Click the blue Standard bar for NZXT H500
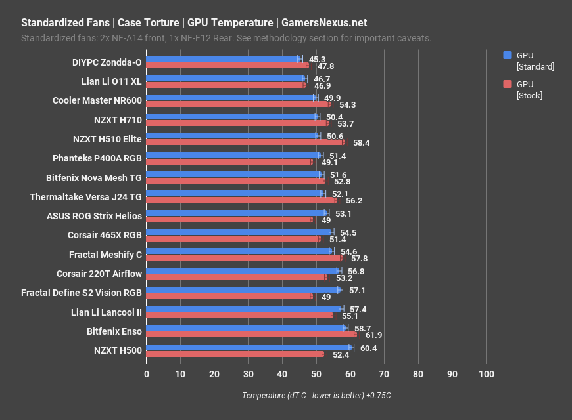pyautogui.click(x=249, y=348)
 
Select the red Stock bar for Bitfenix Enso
pyautogui.click(x=251, y=335)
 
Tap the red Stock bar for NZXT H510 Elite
pyautogui.click(x=245, y=142)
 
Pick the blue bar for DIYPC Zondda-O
pyautogui.click(x=222, y=59)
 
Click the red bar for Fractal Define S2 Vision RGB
pyautogui.click(x=229, y=297)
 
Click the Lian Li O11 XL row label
pyautogui.click(x=107, y=82)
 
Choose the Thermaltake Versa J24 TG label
pyautogui.click(x=85, y=197)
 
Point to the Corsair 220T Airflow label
pyautogui.click(x=99, y=274)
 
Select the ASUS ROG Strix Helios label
pyautogui.click(x=94, y=216)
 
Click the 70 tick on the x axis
pyautogui.click(x=384, y=374)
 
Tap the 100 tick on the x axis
pyautogui.click(x=486, y=374)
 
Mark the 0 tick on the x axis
pyautogui.click(x=147, y=374)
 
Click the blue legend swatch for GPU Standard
pyautogui.click(x=507, y=55)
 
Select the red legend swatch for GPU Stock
pyautogui.click(x=507, y=84)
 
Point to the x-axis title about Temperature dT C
pyautogui.click(x=316, y=396)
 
